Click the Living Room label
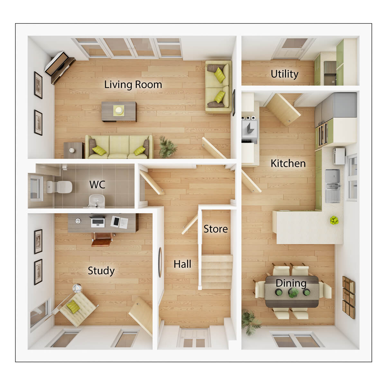pyautogui.click(x=133, y=85)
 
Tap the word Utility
pyautogui.click(x=284, y=74)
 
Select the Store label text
pyautogui.click(x=216, y=229)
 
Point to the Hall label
pyautogui.click(x=182, y=264)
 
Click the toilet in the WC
pyautogui.click(x=60, y=187)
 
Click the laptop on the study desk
pyautogui.click(x=98, y=222)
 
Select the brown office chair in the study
pyautogui.click(x=103, y=238)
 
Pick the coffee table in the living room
pyautogui.click(x=119, y=111)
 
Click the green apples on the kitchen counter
pyautogui.click(x=334, y=220)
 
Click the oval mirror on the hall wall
pyautogui.click(x=160, y=262)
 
